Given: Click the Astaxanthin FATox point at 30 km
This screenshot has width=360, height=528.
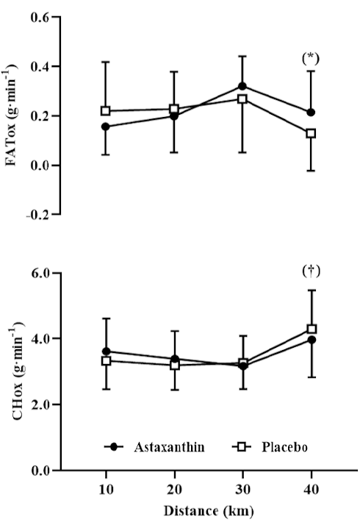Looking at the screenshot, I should pyautogui.click(x=242, y=86).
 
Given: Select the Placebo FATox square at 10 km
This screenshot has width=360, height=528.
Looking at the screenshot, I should pyautogui.click(x=106, y=111).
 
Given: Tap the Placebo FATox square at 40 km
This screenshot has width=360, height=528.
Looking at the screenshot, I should pyautogui.click(x=311, y=133).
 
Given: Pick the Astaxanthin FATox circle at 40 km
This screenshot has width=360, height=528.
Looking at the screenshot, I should pyautogui.click(x=311, y=113).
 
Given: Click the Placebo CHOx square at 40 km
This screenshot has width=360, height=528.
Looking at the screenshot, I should pyautogui.click(x=311, y=329).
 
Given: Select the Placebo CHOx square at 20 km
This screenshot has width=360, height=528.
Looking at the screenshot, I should pyautogui.click(x=174, y=365).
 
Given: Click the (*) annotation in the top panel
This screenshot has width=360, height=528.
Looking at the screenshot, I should pyautogui.click(x=310, y=57).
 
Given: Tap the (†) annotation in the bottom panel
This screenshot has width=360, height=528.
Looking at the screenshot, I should pyautogui.click(x=310, y=271).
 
